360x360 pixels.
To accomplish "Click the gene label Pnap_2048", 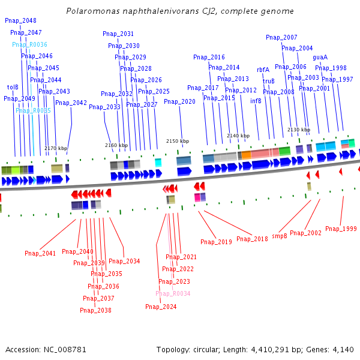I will pos(20,20).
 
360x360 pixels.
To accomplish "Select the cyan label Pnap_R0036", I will pos(29,44).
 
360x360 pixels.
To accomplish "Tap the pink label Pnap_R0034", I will pos(173,293).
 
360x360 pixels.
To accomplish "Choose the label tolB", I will pos(13,87).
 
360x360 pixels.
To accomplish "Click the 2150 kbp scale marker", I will pos(178,141).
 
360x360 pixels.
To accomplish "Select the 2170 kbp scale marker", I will pos(56,148).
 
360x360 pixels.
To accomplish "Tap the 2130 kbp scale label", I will pos(299,130).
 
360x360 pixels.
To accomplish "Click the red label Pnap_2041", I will pos(40,253).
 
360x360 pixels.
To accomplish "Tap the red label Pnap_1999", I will pos(341,229).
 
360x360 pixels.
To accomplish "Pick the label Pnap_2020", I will pos(179,101).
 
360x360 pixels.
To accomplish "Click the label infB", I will pos(256,101).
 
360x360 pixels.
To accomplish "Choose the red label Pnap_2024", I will pos(161,307).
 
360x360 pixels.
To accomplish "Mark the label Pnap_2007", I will pos(281,37).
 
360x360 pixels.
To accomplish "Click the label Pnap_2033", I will pos(104,107).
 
